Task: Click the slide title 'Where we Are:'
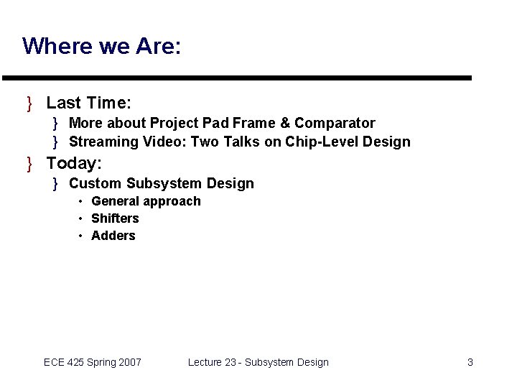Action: [x=102, y=46]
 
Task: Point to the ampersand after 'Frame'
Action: [x=285, y=123]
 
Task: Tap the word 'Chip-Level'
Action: [x=322, y=142]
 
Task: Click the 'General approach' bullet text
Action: [x=146, y=201]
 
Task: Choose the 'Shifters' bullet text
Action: [x=115, y=218]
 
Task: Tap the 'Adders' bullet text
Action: [x=113, y=236]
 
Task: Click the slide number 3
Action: [x=470, y=362]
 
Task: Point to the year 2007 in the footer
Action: [x=128, y=362]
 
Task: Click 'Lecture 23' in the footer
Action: [x=212, y=362]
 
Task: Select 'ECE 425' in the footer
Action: [x=63, y=362]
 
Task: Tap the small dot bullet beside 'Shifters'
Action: [x=82, y=218]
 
